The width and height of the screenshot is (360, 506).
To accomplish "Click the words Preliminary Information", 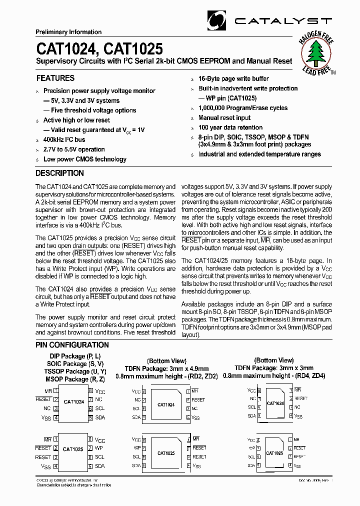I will pyautogui.click(x=68, y=32).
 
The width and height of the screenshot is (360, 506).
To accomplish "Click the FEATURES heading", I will pyautogui.click(x=55, y=78).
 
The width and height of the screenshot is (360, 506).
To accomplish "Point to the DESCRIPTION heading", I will pyautogui.click(x=59, y=173).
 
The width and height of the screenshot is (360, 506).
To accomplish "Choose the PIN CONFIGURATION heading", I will pyautogui.click(x=72, y=345).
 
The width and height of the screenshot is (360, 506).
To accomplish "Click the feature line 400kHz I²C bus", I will pyautogui.click(x=64, y=139).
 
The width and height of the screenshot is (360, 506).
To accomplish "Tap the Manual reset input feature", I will pyautogui.click(x=224, y=118).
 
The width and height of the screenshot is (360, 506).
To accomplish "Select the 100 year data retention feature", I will pyautogui.click(x=230, y=127).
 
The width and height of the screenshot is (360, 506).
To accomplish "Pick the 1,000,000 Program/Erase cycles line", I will pyautogui.click(x=243, y=108).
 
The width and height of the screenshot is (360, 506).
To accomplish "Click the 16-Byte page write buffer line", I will pyautogui.click(x=233, y=78).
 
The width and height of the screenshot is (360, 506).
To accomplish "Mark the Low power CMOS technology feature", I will pyautogui.click(x=85, y=159).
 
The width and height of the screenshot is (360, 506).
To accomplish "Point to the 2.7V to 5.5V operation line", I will pyautogui.click(x=74, y=149).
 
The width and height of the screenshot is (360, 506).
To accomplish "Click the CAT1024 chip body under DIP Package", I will pyautogui.click(x=73, y=402).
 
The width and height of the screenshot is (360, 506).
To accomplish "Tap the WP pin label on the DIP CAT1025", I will pyautogui.click(x=99, y=448).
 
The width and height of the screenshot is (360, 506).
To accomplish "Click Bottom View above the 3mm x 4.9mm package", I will pyautogui.click(x=166, y=361).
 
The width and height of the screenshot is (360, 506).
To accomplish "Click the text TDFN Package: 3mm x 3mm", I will pyautogui.click(x=273, y=367).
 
